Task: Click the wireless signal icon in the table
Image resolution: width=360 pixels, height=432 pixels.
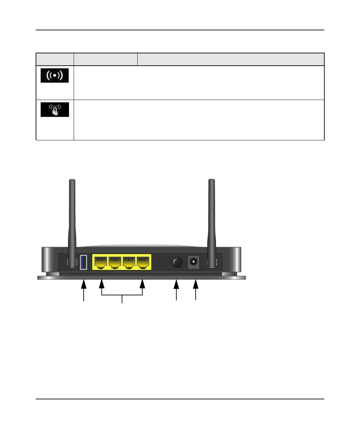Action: click(x=55, y=75)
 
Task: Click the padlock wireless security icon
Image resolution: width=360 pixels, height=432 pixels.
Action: click(x=55, y=110)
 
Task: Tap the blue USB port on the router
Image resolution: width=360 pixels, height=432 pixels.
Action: click(x=83, y=262)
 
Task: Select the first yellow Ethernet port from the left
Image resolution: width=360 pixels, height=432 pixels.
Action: click(x=101, y=262)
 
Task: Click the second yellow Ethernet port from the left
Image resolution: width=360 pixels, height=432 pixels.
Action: click(x=115, y=262)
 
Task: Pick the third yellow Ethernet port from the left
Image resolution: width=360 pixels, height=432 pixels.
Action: click(x=129, y=262)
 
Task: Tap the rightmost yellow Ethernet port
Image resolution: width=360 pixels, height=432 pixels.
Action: click(x=143, y=262)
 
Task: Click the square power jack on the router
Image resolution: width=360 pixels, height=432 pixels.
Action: click(x=194, y=262)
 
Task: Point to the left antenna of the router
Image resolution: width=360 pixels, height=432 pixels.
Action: click(x=72, y=217)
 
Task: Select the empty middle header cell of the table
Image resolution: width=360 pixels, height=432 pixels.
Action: click(x=106, y=59)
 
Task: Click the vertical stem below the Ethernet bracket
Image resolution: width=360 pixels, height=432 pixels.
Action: click(x=122, y=299)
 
